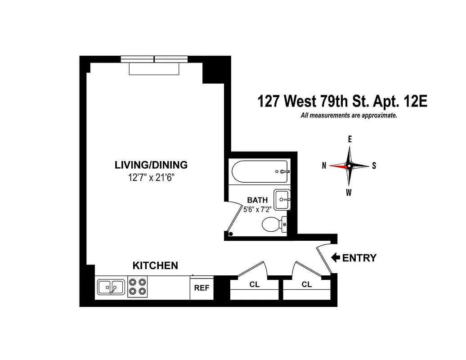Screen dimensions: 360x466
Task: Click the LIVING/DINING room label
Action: tap(151, 165)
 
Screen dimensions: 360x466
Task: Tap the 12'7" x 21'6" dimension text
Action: tap(151, 177)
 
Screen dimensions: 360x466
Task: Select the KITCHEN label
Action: tap(155, 266)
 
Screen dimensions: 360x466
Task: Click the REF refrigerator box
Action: tap(202, 288)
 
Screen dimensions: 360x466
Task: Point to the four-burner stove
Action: tap(138, 287)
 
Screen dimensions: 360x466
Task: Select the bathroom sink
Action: tap(282, 199)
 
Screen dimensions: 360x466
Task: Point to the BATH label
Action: tap(257, 200)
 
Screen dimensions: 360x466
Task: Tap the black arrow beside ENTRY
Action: tap(335, 258)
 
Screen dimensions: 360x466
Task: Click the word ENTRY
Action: tap(359, 258)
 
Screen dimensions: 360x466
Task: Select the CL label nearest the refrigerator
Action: tap(254, 284)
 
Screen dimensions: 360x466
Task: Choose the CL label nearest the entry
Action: tap(307, 284)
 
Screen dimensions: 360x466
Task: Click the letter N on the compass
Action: tap(324, 166)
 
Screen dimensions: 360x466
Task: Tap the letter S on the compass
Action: tap(374, 166)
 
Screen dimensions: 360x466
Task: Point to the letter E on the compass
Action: tap(349, 139)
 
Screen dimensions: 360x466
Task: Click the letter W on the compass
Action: tap(349, 193)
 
